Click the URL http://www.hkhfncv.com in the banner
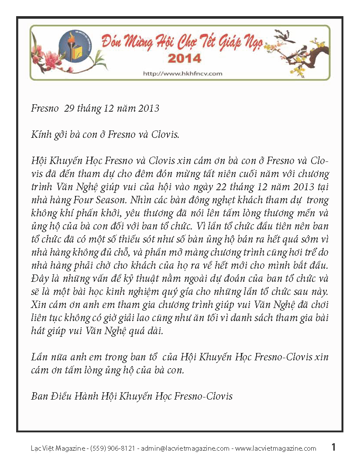[x=183, y=73]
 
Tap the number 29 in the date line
[x=70, y=109]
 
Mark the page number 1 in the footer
[x=333, y=447]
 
